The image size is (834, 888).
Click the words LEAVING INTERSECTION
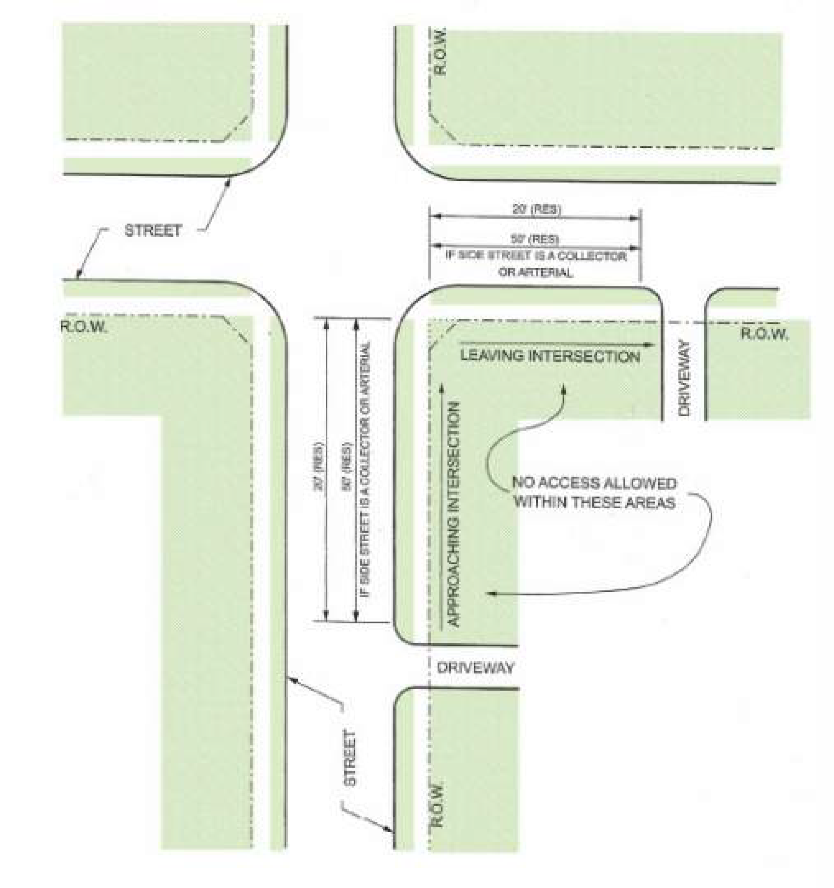550,356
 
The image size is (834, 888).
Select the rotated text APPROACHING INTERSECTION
454,514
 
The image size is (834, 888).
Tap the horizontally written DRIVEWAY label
475,668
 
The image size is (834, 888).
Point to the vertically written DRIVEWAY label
684,378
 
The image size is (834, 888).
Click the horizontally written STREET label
153,231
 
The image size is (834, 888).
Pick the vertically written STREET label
350,758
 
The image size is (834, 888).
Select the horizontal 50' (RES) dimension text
535,239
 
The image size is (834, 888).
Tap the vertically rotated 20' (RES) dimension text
319,467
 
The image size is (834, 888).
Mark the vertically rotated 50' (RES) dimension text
347,467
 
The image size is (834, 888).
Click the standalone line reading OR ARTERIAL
535,272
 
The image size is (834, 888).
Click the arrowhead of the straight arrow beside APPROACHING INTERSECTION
442,387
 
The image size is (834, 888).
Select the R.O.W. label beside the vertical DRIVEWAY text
764,334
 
